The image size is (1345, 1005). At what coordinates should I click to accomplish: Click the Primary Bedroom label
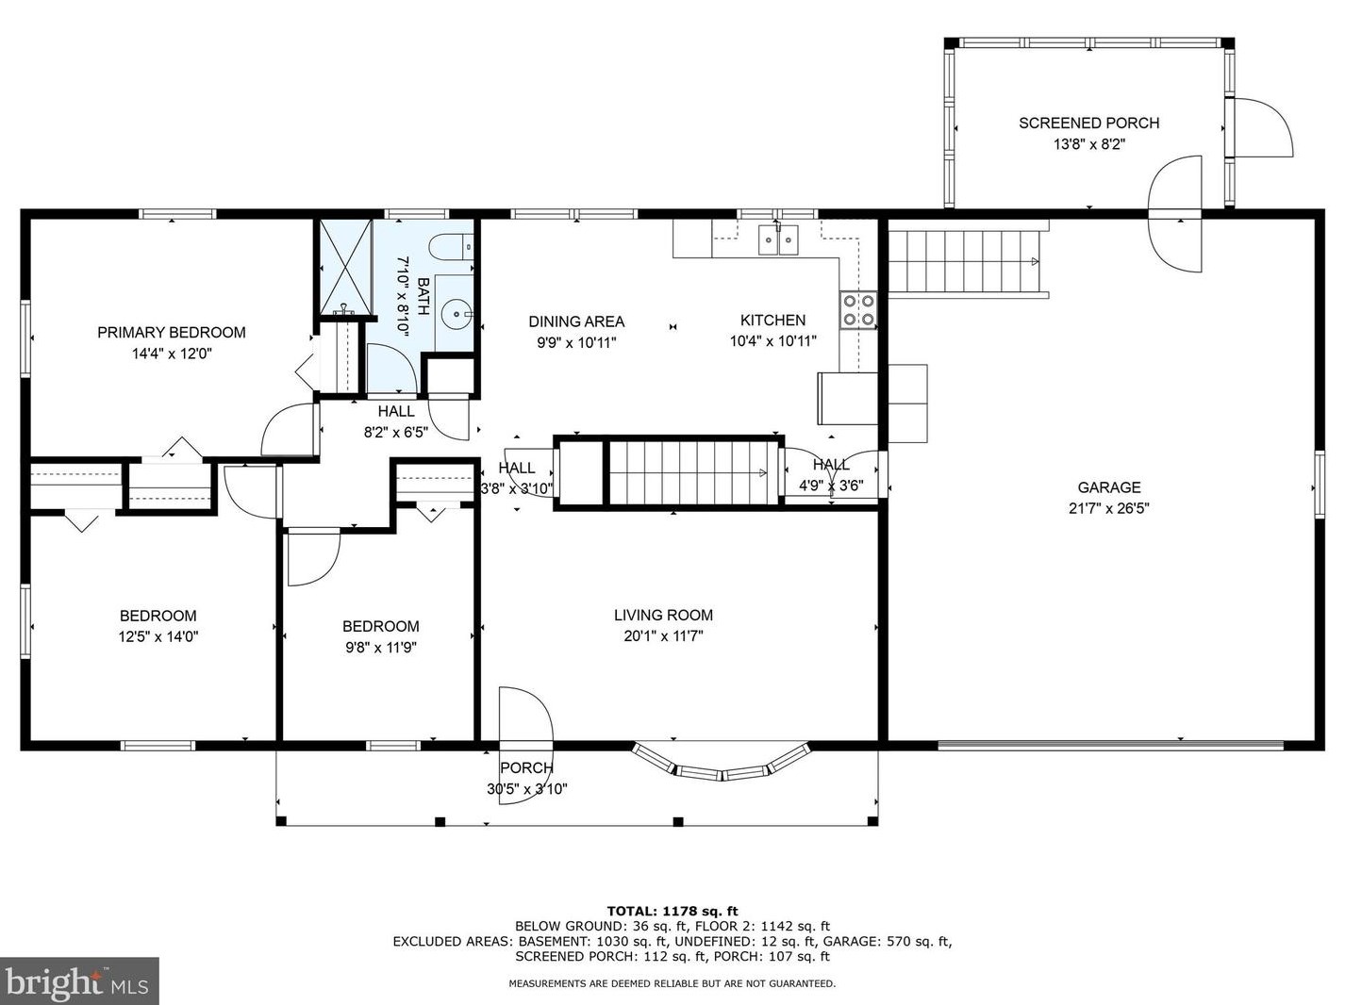(172, 333)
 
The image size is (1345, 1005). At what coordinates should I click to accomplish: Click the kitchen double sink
(779, 239)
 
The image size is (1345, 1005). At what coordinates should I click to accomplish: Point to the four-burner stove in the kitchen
(858, 310)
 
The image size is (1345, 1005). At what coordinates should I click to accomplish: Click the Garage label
(1109, 487)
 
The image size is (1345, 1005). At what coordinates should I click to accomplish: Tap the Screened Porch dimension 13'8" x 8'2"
(1089, 144)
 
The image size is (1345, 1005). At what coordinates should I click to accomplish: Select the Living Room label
(664, 615)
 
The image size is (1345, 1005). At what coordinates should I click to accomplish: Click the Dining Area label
(576, 321)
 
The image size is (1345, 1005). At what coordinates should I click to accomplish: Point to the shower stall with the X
(346, 267)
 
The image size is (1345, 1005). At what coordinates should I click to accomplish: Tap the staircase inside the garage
(967, 261)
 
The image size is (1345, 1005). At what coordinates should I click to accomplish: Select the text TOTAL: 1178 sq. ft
(672, 912)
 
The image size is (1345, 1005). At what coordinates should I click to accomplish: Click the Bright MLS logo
(78, 980)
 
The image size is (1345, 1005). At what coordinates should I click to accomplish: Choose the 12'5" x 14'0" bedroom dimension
(158, 637)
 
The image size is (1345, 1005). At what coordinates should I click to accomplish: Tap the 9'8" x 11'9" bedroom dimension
(381, 648)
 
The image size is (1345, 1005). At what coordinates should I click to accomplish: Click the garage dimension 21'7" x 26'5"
(1109, 508)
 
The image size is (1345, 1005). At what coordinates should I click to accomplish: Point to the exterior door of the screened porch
(1262, 127)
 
